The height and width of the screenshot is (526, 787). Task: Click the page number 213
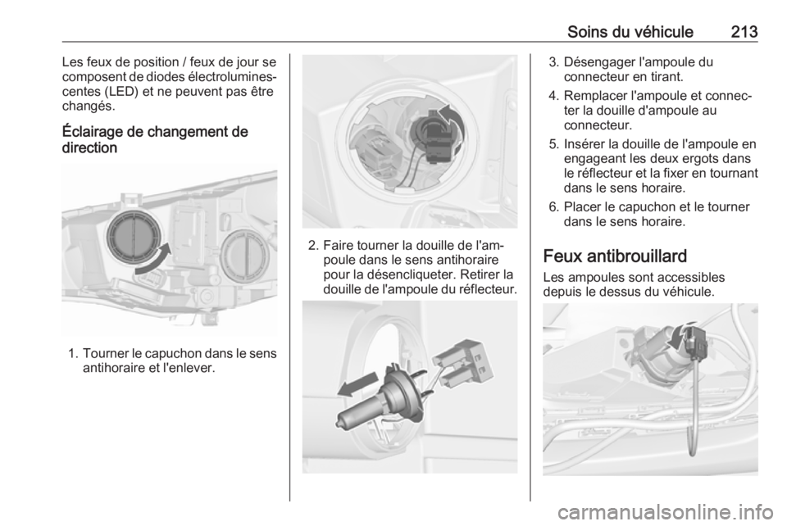[x=744, y=32]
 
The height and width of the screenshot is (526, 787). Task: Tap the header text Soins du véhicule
[x=630, y=32]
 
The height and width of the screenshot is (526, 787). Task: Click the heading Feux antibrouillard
[x=615, y=256]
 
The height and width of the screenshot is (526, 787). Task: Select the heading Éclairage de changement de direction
[x=155, y=140]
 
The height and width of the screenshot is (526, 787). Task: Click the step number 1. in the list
[x=73, y=353]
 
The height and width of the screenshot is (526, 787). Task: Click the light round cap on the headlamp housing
[x=246, y=257]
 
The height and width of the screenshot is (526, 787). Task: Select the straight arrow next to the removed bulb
[x=358, y=384]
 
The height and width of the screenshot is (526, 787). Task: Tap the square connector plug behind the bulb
[x=462, y=364]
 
